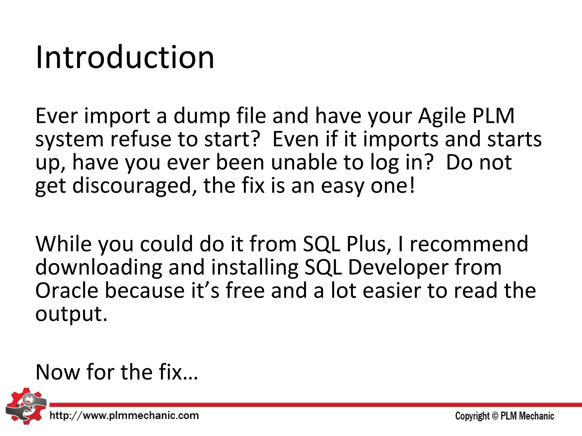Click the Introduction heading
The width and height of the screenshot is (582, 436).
(125, 58)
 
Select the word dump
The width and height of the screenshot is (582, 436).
(202, 116)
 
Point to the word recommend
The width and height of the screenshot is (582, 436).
(469, 244)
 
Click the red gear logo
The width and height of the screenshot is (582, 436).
(26, 406)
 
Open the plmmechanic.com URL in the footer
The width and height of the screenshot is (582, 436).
(124, 416)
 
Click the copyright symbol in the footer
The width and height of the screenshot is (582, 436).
(495, 416)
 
